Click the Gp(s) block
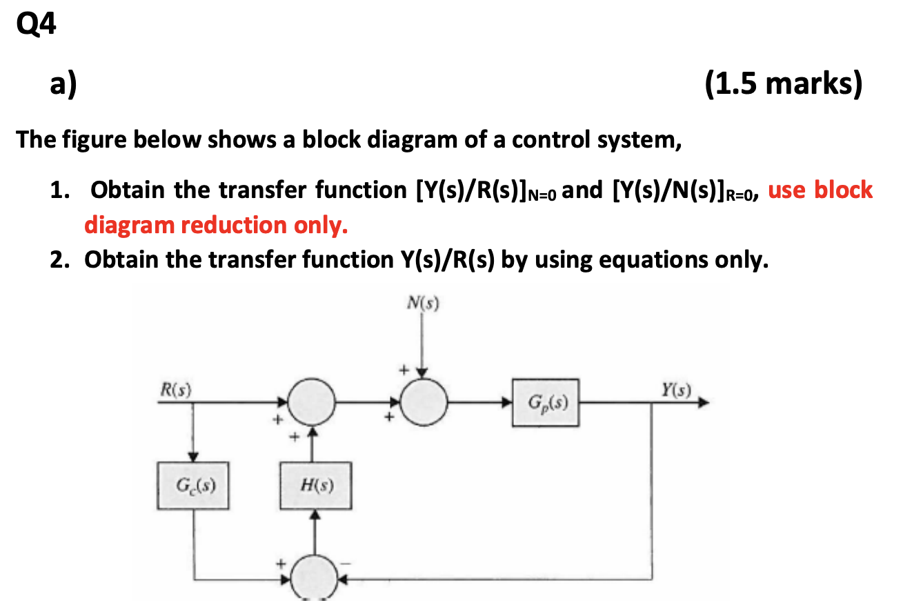pyautogui.click(x=545, y=402)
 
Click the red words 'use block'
pyautogui.click(x=820, y=190)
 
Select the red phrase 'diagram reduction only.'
pyautogui.click(x=216, y=225)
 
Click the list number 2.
pyautogui.click(x=57, y=260)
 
